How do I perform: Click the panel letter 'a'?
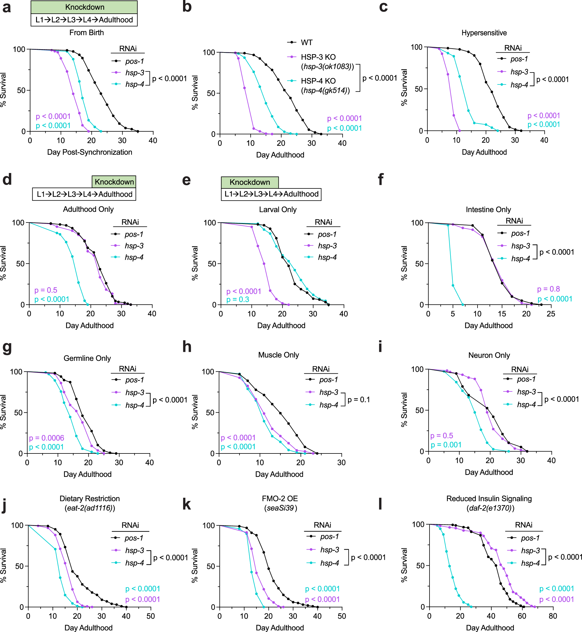pyautogui.click(x=7, y=8)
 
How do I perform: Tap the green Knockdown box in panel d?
pyautogui.click(x=114, y=182)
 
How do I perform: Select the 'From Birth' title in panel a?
pyautogui.click(x=86, y=32)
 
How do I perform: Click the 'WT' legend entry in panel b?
pyautogui.click(x=306, y=43)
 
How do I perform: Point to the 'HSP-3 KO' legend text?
pyautogui.click(x=318, y=57)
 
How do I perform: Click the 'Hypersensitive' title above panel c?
pyautogui.click(x=484, y=33)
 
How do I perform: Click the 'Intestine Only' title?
pyautogui.click(x=488, y=210)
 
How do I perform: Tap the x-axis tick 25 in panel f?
pyautogui.click(x=551, y=314)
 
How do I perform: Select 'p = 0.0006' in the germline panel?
pyautogui.click(x=46, y=438)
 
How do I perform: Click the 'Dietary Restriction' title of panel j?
pyautogui.click(x=89, y=498)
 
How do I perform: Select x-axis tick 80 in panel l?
pyautogui.click(x=553, y=616)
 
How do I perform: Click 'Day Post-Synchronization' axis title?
pyautogui.click(x=89, y=152)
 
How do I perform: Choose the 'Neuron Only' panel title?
pyautogui.click(x=489, y=355)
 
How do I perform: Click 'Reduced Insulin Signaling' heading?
pyautogui.click(x=489, y=498)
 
